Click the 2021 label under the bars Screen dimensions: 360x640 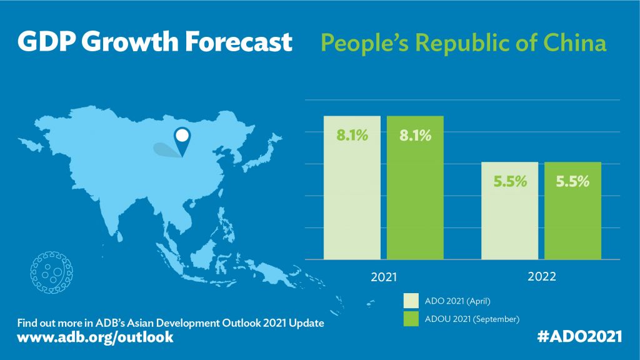coord(383,275)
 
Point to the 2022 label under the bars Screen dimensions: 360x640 coord(541,275)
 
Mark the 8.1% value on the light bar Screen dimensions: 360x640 coord(351,135)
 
